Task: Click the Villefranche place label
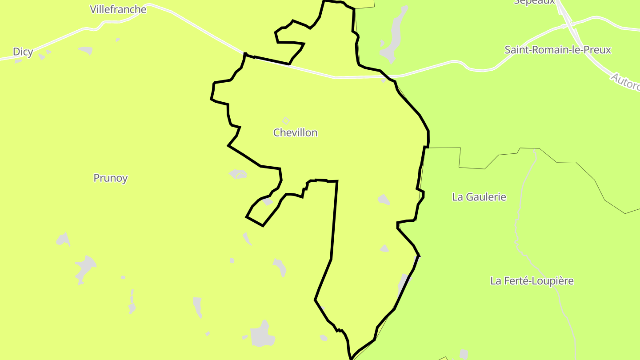[x=118, y=9]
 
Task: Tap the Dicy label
[x=23, y=52]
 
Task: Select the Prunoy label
[x=111, y=178]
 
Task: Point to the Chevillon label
[x=296, y=132]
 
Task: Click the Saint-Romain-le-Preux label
[x=558, y=50]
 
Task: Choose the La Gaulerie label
[x=479, y=197]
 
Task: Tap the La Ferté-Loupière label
[x=532, y=281]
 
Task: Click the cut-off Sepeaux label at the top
[x=534, y=2]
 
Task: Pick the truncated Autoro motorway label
[x=625, y=83]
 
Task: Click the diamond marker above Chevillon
[x=286, y=120]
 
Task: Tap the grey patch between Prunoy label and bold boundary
[x=238, y=174]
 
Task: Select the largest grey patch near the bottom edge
[x=260, y=334]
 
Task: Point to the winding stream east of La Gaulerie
[x=518, y=213]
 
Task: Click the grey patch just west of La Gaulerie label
[x=384, y=200]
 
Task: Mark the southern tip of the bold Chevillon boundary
[x=351, y=358]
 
